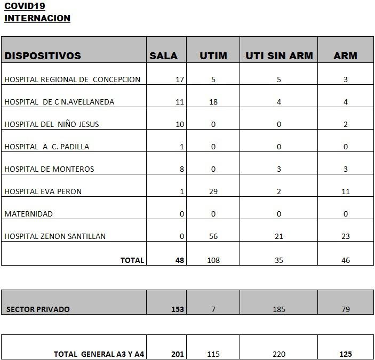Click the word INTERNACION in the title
pyautogui.click(x=37, y=18)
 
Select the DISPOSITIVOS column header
pyautogui.click(x=43, y=55)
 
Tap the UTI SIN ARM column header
pyautogui.click(x=279, y=55)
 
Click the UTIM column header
pyautogui.click(x=213, y=55)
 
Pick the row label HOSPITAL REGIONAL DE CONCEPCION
pyautogui.click(x=73, y=79)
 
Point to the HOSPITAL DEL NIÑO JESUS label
pyautogui.click(x=52, y=124)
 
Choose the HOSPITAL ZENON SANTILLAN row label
pyautogui.click(x=55, y=236)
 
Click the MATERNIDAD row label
pyautogui.click(x=29, y=214)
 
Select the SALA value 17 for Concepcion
pyautogui.click(x=180, y=79)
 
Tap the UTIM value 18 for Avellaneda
pyautogui.click(x=213, y=102)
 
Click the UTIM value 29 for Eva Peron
pyautogui.click(x=213, y=191)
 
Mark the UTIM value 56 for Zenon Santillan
pyautogui.click(x=213, y=236)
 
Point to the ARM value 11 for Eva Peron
pyautogui.click(x=346, y=191)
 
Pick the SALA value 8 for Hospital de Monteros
pyautogui.click(x=182, y=169)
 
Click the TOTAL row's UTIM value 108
pyautogui.click(x=213, y=260)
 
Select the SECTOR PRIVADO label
pyautogui.click(x=38, y=309)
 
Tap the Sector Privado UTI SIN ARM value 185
pyautogui.click(x=279, y=309)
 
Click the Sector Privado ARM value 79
pyautogui.click(x=346, y=309)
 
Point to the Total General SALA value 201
pyautogui.click(x=178, y=354)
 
